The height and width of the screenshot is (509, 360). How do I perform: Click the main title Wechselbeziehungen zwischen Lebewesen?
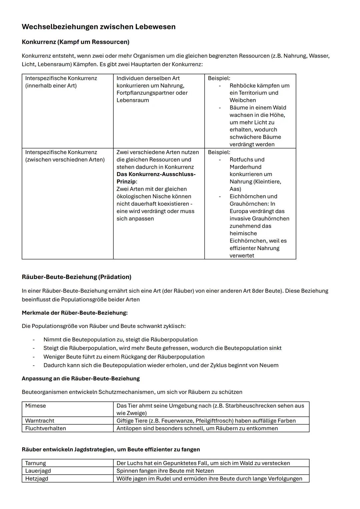(98, 27)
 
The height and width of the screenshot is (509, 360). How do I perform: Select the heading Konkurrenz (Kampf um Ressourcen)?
(75, 42)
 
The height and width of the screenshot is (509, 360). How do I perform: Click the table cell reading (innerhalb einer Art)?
(51, 86)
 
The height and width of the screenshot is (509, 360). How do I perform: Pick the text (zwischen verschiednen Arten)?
(65, 160)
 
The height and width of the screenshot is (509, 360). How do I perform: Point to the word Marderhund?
(245, 167)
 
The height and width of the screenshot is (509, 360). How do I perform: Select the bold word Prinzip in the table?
(126, 182)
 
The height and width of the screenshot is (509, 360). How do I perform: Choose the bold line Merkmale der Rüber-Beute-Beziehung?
(75, 313)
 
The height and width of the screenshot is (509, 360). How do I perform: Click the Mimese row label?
(36, 406)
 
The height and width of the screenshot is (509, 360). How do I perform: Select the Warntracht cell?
(40, 421)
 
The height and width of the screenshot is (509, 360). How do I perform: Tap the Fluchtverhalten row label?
(46, 428)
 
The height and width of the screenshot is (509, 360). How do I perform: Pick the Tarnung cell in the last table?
(36, 463)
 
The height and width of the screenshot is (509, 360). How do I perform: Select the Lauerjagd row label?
(38, 471)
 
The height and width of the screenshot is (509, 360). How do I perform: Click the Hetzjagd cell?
(37, 479)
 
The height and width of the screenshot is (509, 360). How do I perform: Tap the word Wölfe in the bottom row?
(124, 479)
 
